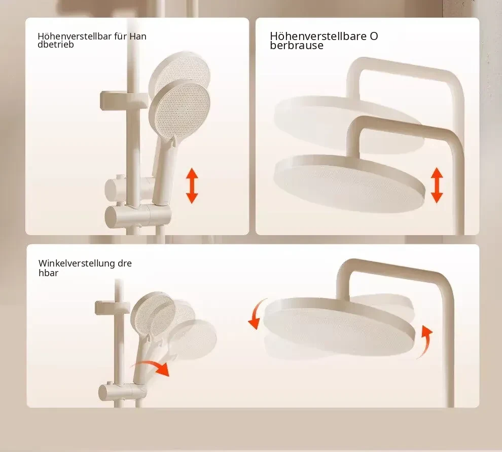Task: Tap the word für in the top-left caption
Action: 120,36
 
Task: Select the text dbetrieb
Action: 56,45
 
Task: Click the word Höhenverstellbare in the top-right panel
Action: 318,36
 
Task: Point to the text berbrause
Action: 297,46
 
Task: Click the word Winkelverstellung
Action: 77,263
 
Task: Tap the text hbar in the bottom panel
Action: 48,273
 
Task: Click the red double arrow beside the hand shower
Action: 192,185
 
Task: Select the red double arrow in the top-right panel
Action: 437,185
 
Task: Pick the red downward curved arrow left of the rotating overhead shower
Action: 256,315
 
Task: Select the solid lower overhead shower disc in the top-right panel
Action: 349,183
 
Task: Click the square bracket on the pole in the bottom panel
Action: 112,307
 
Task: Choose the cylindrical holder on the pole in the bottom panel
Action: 122,392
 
